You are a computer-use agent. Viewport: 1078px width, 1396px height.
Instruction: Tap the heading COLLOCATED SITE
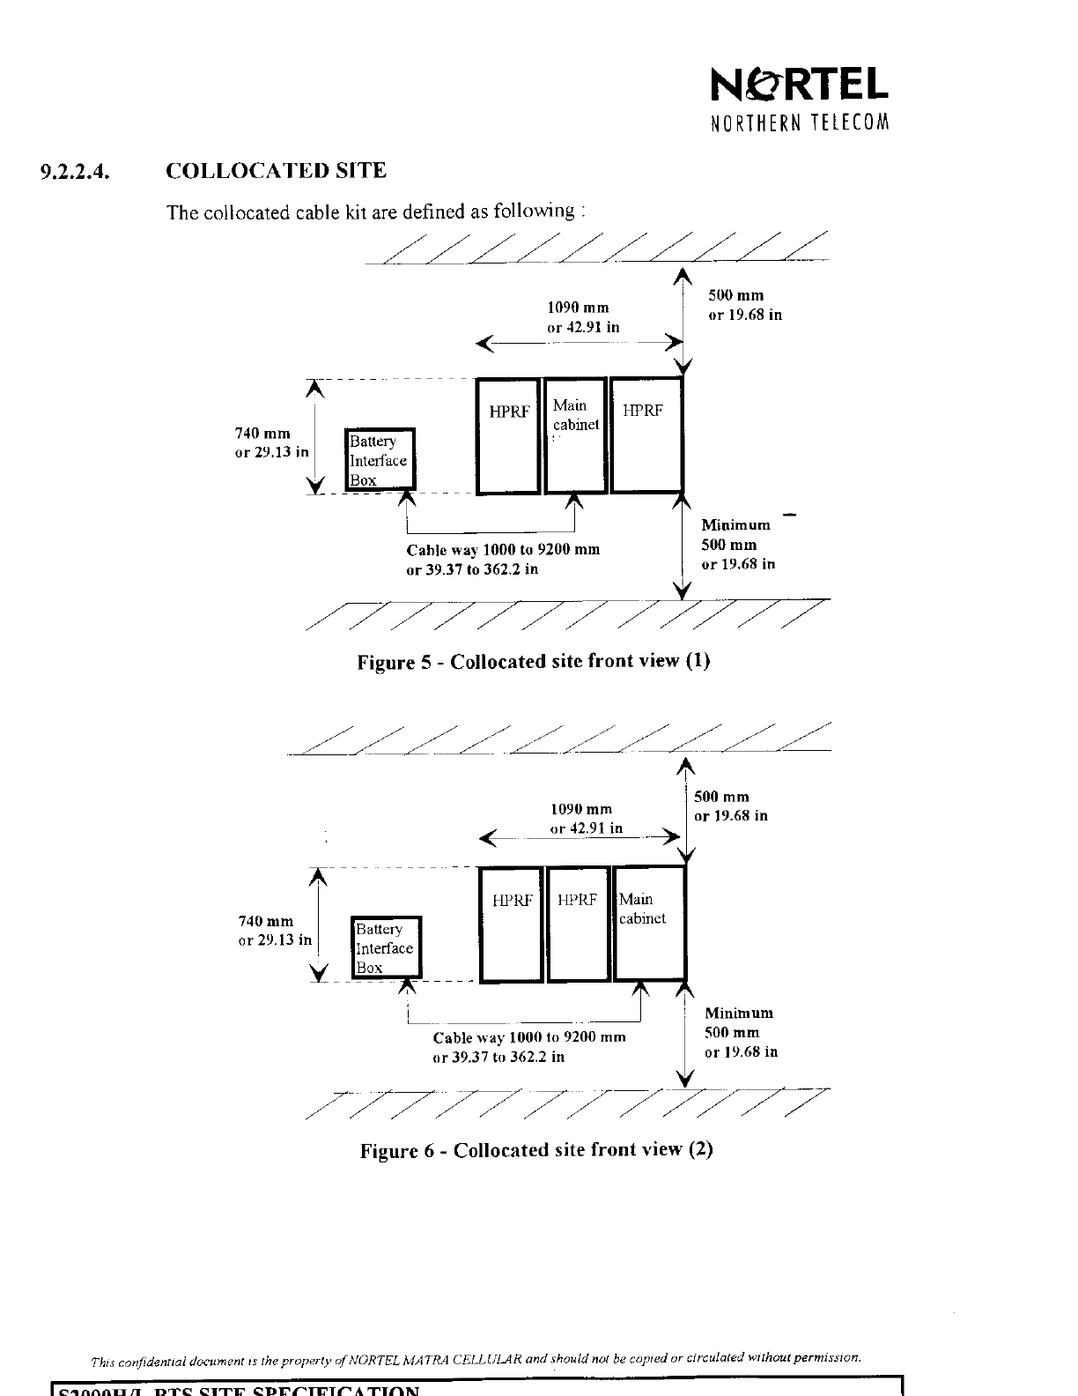point(276,170)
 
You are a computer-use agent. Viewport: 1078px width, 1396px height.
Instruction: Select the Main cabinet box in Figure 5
point(576,435)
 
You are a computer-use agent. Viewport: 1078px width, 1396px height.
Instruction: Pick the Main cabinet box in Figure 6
point(649,924)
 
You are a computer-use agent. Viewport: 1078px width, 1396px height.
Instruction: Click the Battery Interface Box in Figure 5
point(380,459)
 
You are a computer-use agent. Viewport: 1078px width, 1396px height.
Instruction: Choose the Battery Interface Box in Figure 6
point(386,947)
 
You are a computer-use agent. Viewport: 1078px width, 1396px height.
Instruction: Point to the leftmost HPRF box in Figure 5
point(508,435)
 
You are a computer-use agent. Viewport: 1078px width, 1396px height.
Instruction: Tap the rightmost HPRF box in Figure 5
point(646,435)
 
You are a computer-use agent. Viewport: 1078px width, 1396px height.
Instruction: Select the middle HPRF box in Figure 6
point(578,924)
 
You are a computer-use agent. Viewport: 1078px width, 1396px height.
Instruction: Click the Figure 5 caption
point(533,661)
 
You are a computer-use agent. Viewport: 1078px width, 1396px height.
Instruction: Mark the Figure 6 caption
point(535,1149)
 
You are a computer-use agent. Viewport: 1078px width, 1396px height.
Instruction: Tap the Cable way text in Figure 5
point(502,559)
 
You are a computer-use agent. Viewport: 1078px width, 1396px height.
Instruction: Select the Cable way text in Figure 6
point(528,1046)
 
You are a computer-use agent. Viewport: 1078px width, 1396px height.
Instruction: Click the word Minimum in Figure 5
point(735,525)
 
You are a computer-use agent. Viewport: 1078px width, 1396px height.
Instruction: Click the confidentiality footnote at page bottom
point(476,1357)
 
